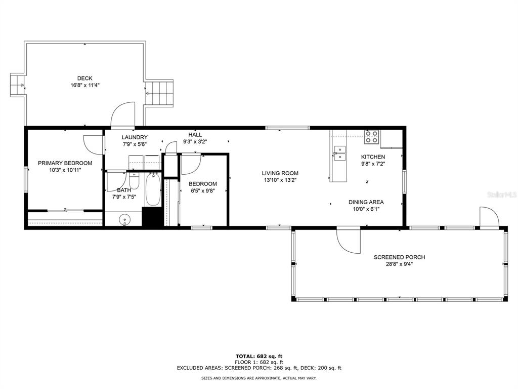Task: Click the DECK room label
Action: coord(85,79)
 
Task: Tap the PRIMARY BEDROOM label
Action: coord(65,163)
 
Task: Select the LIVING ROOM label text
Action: coord(280,173)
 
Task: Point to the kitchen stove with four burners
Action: coord(372,137)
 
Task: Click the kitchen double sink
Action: coord(339,153)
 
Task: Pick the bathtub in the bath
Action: coord(153,189)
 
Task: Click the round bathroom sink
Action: coord(124,219)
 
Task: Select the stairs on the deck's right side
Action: coord(159,93)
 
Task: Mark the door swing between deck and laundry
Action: coord(122,114)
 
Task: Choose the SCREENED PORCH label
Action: coord(400,257)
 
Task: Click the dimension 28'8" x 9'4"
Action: coord(400,264)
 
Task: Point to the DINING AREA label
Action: coord(366,202)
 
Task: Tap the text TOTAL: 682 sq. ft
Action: coord(259,356)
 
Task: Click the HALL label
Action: coord(195,135)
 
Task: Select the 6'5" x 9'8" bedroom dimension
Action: coord(203,191)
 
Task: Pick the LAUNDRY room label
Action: coord(135,137)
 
